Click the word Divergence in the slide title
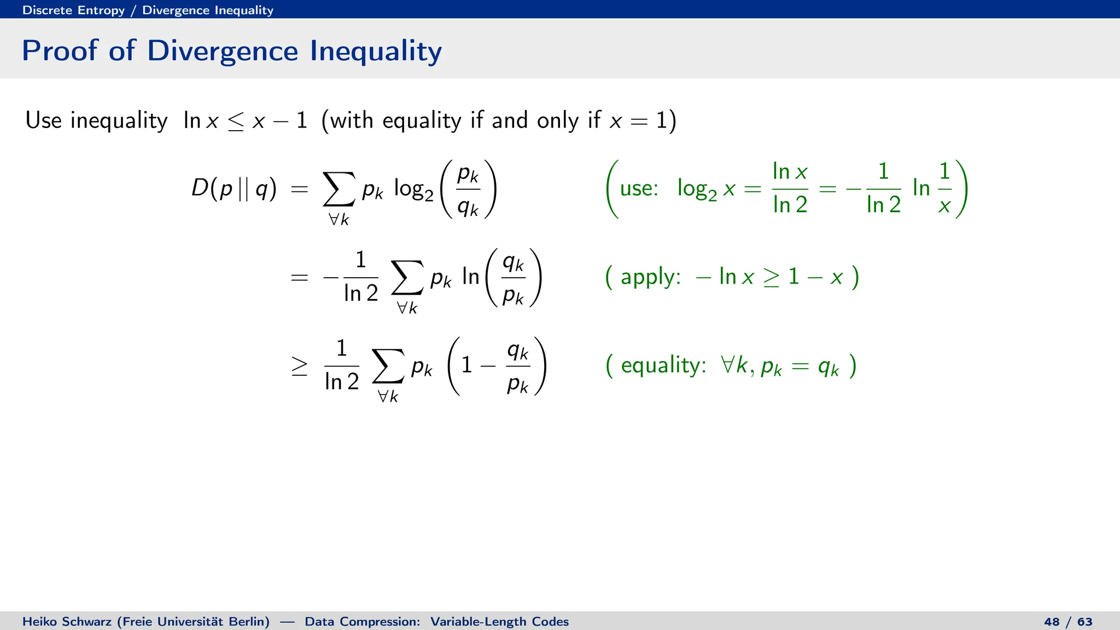click(223, 51)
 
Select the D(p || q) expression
click(234, 189)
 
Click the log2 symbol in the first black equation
click(413, 190)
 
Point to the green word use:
click(639, 189)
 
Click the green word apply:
click(650, 277)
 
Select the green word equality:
click(663, 365)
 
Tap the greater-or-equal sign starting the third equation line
click(299, 366)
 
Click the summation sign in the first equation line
click(339, 189)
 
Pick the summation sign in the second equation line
click(407, 278)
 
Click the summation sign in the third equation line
click(388, 366)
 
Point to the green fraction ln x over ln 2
click(790, 189)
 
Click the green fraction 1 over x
click(944, 189)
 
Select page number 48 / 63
click(1067, 622)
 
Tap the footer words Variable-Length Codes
click(499, 622)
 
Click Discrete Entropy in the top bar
click(73, 10)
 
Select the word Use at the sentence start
click(43, 120)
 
